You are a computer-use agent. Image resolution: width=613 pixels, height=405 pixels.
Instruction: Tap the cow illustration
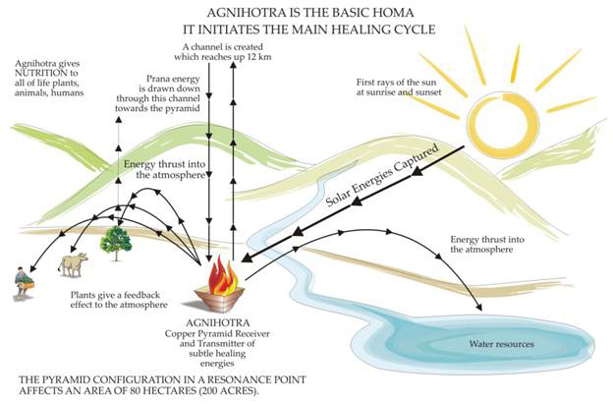(x=74, y=264)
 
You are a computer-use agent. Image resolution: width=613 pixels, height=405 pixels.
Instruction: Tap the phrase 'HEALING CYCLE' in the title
(x=376, y=29)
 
